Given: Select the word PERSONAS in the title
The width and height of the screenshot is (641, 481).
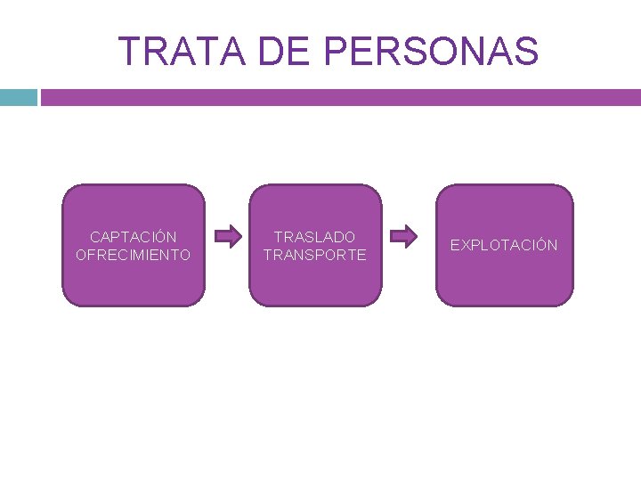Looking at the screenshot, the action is coord(432,52).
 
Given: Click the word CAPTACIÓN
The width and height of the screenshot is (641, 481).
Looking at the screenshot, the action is coord(134,237).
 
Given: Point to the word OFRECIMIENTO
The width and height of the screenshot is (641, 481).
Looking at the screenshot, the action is coord(134,255).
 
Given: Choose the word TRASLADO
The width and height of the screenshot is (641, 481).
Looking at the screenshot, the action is coord(314,237).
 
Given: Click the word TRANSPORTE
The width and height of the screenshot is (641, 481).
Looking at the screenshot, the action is coord(314,255).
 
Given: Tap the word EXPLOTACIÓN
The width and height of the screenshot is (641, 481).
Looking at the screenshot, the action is coord(504,245).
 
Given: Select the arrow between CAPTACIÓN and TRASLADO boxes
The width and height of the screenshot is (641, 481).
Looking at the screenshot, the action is coord(229,237).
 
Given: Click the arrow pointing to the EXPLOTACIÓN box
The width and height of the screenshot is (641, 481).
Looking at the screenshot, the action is coord(405,237).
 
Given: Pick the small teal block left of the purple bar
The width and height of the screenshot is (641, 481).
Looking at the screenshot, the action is coord(18,97).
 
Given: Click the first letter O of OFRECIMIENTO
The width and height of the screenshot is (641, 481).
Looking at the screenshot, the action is coord(82,255).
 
